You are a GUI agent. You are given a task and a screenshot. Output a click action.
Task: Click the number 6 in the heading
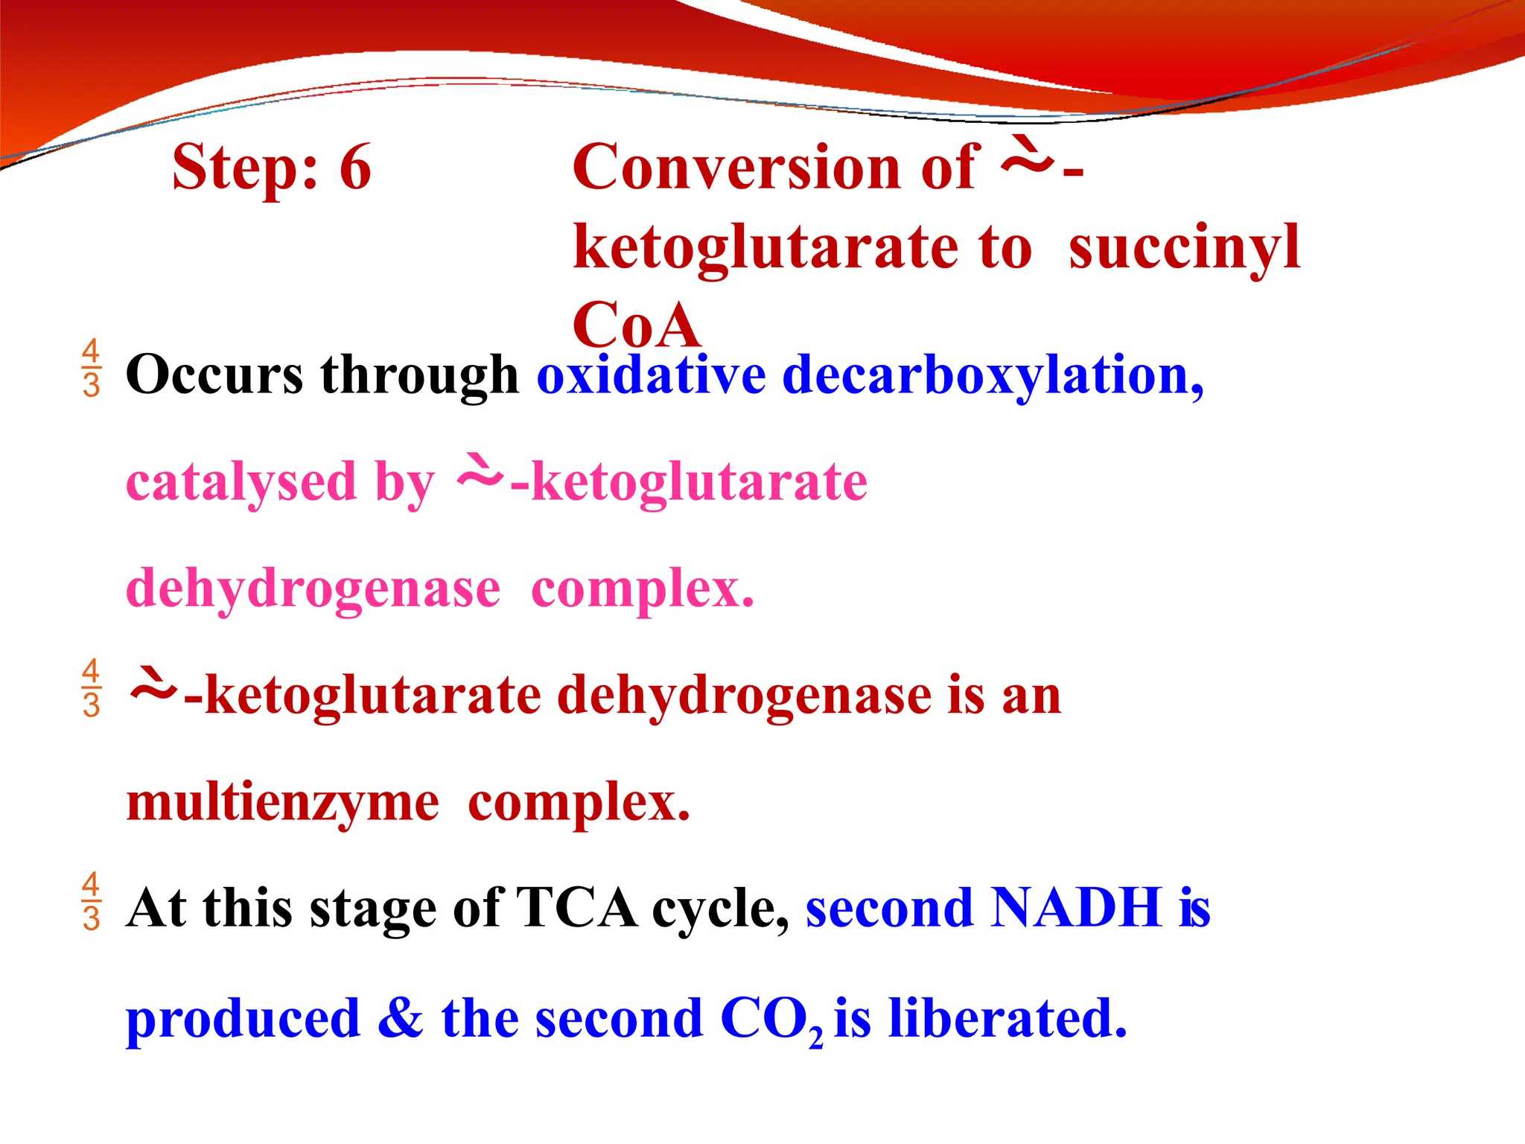pyautogui.click(x=355, y=167)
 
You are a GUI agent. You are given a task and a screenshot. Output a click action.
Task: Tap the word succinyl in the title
pyautogui.click(x=1184, y=247)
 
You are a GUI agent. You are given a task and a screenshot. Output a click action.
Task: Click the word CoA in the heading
pyautogui.click(x=637, y=326)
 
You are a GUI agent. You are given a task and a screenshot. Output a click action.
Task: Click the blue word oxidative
pyautogui.click(x=652, y=374)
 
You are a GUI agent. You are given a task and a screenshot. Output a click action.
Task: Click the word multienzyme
pyautogui.click(x=283, y=803)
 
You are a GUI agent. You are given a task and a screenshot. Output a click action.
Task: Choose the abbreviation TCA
pyautogui.click(x=576, y=908)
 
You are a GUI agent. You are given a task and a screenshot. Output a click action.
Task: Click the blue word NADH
pyautogui.click(x=1077, y=908)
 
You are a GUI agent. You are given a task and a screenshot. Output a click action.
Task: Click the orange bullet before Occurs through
pyautogui.click(x=91, y=368)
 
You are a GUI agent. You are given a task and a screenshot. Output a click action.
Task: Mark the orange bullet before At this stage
pyautogui.click(x=91, y=901)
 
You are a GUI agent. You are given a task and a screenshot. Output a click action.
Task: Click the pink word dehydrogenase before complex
pyautogui.click(x=313, y=588)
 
